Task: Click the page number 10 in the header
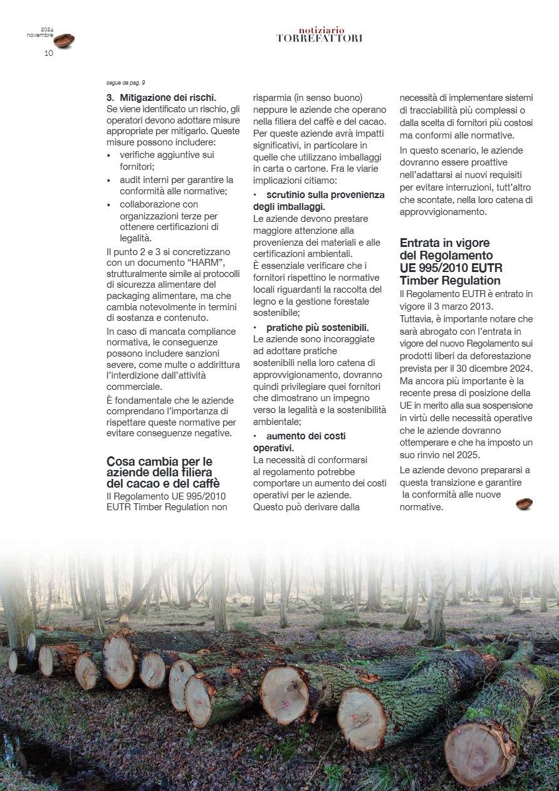[x=49, y=53]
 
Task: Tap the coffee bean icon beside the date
[x=64, y=41]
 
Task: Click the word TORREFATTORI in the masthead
[x=320, y=39]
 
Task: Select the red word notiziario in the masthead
[x=321, y=30]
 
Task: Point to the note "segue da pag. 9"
[x=126, y=83]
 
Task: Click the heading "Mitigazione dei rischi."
[x=168, y=97]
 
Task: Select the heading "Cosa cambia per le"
[x=159, y=461]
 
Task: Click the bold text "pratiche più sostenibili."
[x=317, y=327]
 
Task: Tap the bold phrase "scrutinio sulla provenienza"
[x=325, y=195]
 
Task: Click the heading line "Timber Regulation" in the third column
[x=450, y=280]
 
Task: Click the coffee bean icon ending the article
[x=524, y=503]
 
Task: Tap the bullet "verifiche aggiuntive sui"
[x=167, y=155]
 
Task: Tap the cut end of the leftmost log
[x=13, y=662]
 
